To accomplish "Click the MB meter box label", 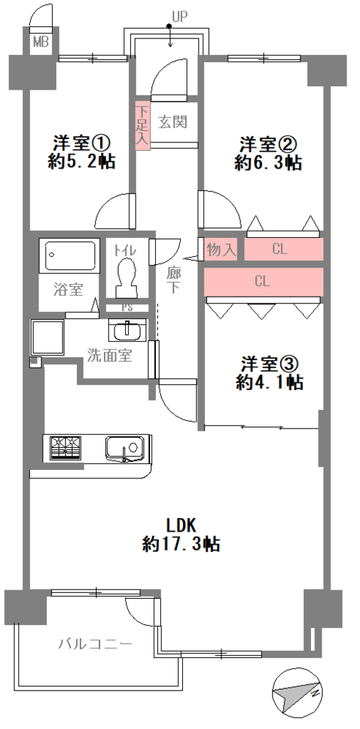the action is click(41, 42).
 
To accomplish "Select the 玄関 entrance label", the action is click(172, 122).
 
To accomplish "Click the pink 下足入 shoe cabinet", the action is click(142, 125).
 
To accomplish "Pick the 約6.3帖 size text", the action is click(268, 163).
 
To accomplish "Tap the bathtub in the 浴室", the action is click(72, 255).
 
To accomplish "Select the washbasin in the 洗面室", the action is click(127, 332).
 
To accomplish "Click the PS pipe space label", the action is click(127, 308).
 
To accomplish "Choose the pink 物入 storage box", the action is click(221, 250).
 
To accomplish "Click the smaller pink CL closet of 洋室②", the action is click(283, 250).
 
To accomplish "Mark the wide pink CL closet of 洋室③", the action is click(263, 281).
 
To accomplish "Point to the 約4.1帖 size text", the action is click(270, 382).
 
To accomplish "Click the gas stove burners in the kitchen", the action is click(65, 448).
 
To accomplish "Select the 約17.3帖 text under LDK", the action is click(181, 543).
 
